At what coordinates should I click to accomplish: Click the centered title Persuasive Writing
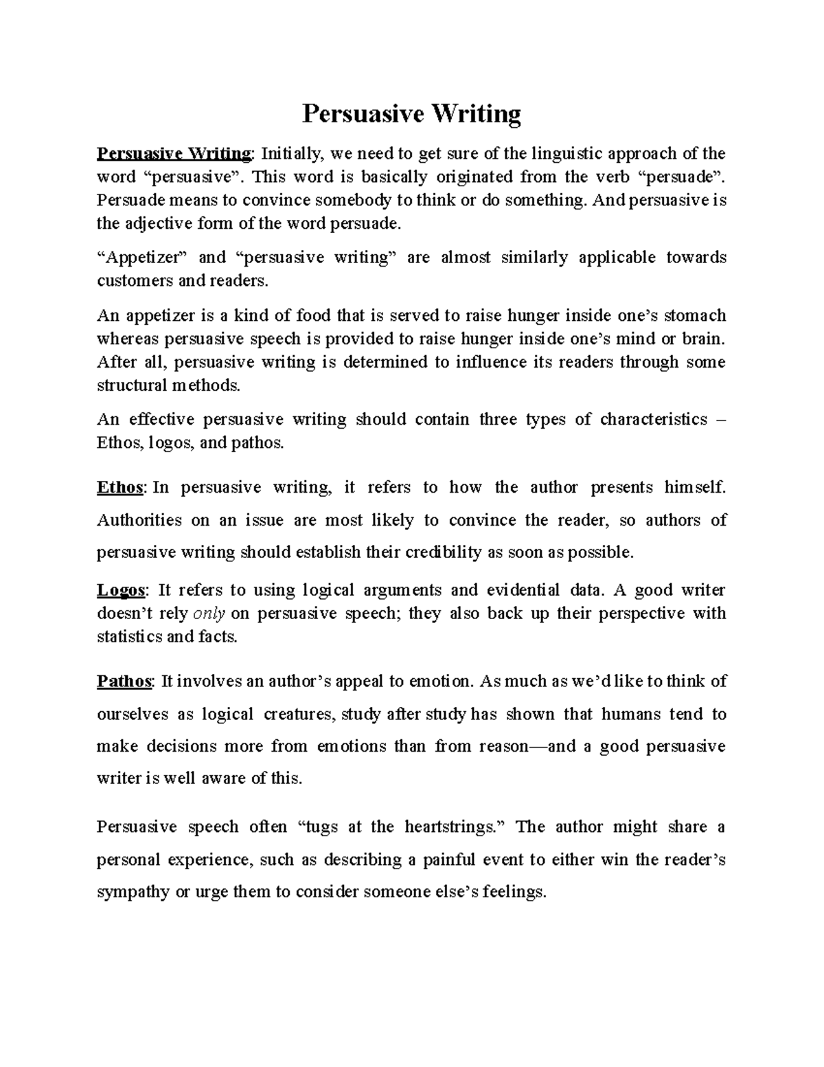[x=412, y=113]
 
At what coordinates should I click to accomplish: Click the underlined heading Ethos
[x=120, y=488]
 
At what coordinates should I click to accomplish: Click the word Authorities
[x=139, y=520]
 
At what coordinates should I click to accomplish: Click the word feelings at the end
[x=514, y=892]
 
